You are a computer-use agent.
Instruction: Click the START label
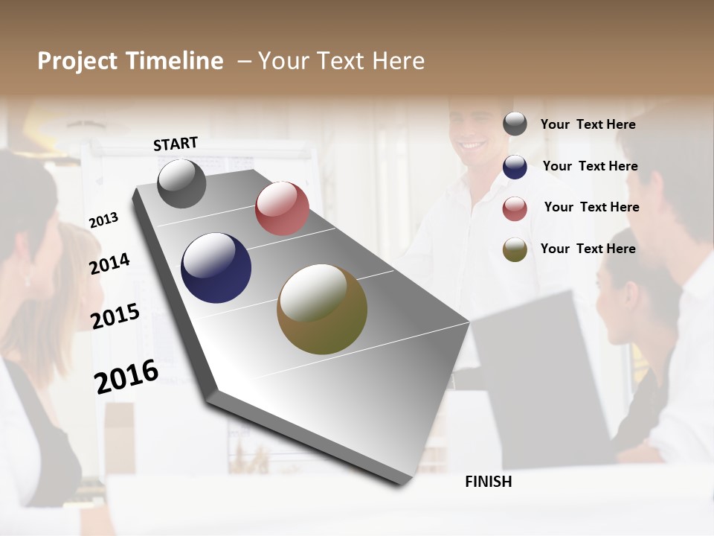click(x=176, y=144)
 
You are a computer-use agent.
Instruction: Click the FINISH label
click(x=489, y=482)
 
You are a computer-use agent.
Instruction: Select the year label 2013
click(x=103, y=220)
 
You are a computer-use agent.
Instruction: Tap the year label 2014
click(x=109, y=264)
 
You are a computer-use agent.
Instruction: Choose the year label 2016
click(x=126, y=376)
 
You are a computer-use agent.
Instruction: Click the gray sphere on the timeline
click(x=181, y=183)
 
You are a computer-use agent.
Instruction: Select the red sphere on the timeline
click(x=282, y=208)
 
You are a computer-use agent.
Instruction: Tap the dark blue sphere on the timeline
click(x=216, y=268)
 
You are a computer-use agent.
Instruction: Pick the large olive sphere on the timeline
click(x=322, y=309)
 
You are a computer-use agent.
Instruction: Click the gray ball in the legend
click(x=515, y=124)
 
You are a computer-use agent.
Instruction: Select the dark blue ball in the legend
click(x=515, y=167)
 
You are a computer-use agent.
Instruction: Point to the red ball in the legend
click(x=515, y=208)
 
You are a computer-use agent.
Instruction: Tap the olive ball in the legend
click(x=515, y=249)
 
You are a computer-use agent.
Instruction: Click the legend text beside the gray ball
click(x=588, y=125)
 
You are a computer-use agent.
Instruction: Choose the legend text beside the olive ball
click(x=588, y=249)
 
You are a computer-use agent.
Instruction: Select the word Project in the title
click(x=79, y=61)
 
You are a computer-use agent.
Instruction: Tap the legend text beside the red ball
click(x=591, y=207)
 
